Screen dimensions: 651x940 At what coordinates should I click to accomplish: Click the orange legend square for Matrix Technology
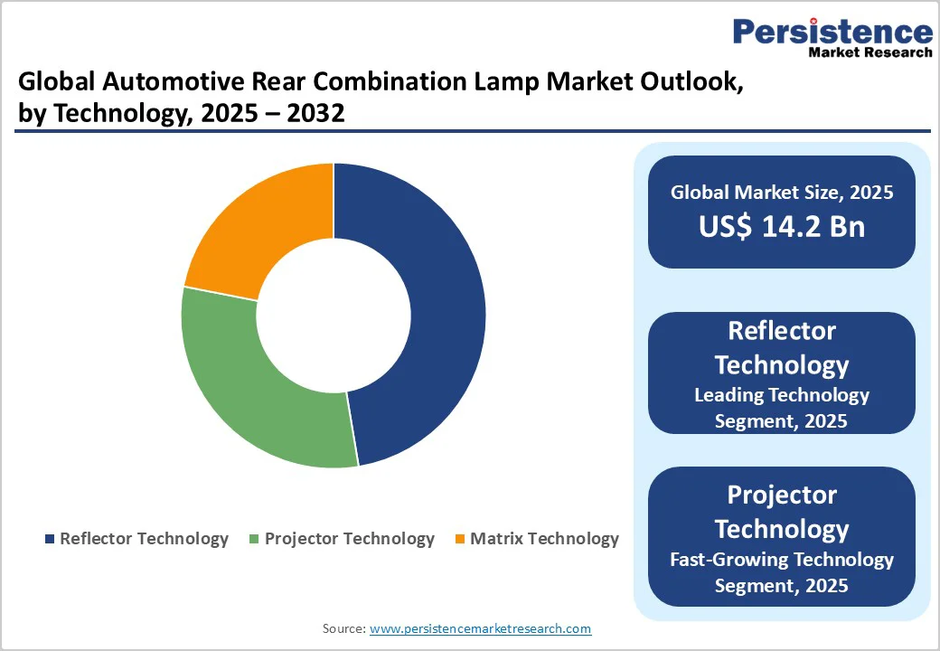coord(459,540)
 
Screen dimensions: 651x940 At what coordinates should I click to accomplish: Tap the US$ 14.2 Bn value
coord(782,226)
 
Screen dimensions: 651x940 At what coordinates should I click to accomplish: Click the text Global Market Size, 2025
coord(782,192)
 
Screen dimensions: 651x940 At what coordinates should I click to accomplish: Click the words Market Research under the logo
coord(869,52)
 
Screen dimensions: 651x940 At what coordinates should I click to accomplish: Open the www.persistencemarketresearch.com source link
coord(480,628)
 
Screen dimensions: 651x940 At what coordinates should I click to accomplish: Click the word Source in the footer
coord(343,628)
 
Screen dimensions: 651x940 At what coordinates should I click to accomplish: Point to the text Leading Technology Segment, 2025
coord(782,408)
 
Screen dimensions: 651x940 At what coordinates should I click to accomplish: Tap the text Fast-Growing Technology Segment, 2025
coord(782,572)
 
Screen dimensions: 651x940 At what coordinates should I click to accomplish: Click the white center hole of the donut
coord(334,316)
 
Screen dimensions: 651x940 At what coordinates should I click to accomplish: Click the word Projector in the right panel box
coord(782,495)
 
